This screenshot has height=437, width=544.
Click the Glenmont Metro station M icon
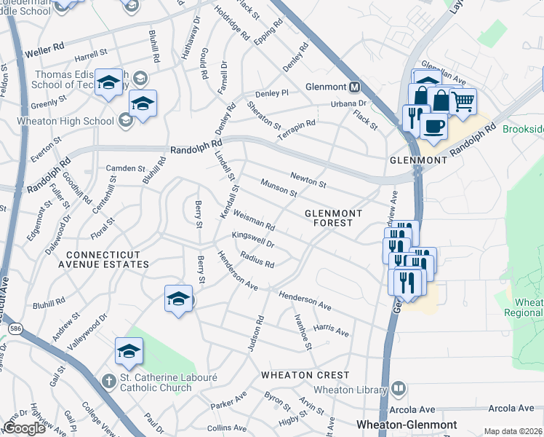click(355, 87)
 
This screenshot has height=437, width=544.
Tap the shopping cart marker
click(463, 101)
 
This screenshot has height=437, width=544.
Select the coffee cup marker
click(434, 125)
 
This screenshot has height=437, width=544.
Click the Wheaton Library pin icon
click(398, 390)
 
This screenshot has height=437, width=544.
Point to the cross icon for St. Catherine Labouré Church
click(108, 381)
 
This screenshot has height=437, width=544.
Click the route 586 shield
click(15, 329)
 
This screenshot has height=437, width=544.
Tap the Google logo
click(24, 428)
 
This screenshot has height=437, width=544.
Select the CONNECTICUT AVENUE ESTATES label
click(108, 259)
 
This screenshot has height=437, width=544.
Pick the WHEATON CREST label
click(306, 375)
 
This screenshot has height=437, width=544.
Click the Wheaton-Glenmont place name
click(407, 425)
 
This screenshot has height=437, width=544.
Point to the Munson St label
click(279, 189)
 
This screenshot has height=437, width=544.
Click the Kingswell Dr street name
click(252, 240)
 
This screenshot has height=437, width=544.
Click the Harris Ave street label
click(331, 331)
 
